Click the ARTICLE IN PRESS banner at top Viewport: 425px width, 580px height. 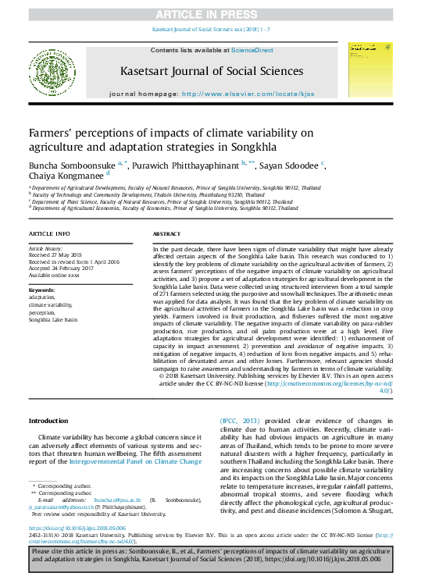(x=212, y=15)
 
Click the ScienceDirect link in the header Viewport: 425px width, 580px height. (x=252, y=50)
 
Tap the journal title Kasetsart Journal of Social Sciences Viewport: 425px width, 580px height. (x=212, y=71)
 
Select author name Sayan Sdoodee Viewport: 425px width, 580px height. (x=290, y=166)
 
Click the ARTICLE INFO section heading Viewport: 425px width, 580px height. (x=49, y=234)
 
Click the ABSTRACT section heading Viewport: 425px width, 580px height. (x=167, y=234)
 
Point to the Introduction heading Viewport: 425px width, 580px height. (x=48, y=421)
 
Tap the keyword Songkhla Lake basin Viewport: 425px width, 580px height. (x=53, y=320)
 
